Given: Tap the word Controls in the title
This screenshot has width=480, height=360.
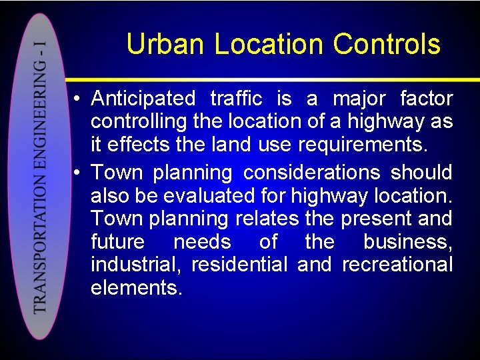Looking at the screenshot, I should pos(387,45).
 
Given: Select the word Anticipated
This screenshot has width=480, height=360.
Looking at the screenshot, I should pos(143,99).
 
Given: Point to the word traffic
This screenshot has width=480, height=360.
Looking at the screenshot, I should pos(236,99).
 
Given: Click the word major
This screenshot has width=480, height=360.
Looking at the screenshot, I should pos(359,99).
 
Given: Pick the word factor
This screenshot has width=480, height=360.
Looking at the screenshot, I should pos(426,99).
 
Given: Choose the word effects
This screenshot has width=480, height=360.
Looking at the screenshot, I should pos(141,145).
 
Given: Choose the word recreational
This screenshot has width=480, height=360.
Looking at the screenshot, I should pos(397,265).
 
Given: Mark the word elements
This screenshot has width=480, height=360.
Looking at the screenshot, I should pos(136,287).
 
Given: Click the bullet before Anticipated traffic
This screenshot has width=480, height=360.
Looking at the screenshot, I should pos(78,99).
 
